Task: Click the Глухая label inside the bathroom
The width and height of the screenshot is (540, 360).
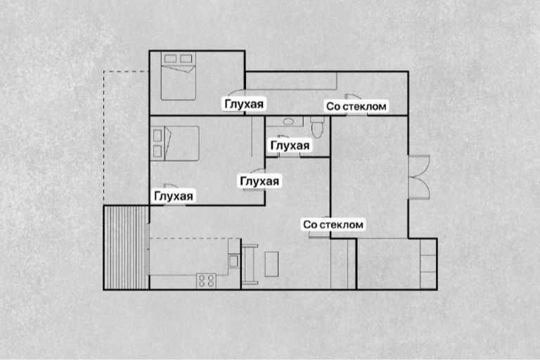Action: pos(290,146)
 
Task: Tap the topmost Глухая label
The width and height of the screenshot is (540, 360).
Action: pos(244,104)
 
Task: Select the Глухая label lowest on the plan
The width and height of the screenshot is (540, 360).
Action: pos(173,196)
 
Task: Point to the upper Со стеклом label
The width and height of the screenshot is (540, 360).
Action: pos(356,106)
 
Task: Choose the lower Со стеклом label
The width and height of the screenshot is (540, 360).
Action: pos(333,224)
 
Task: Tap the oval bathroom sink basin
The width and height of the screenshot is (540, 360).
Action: pos(288,121)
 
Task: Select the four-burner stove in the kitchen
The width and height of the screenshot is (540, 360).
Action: pos(206,281)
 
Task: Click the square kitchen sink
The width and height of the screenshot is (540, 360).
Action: pos(233,260)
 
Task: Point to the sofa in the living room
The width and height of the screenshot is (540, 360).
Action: pos(250,264)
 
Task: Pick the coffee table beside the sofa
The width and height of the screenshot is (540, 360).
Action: pos(271,264)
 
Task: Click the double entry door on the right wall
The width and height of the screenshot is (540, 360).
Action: pos(419,177)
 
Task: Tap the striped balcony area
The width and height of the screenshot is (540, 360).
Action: pos(127,247)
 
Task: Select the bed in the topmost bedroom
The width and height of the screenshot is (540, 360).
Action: pos(179,76)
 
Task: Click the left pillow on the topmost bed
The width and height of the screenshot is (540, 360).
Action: pos(170,58)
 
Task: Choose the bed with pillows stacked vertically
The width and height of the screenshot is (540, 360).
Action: pos(175,143)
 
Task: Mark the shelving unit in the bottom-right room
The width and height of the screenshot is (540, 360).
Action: pos(428,264)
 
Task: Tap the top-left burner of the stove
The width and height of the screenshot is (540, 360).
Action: pos(202,277)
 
